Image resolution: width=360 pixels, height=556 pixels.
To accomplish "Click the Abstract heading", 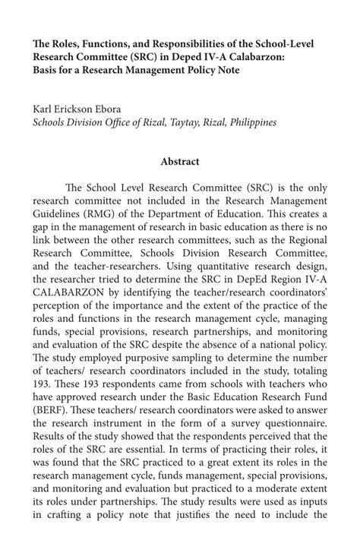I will [x=180, y=162].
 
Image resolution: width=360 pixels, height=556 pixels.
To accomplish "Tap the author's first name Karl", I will [x=39, y=107].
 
